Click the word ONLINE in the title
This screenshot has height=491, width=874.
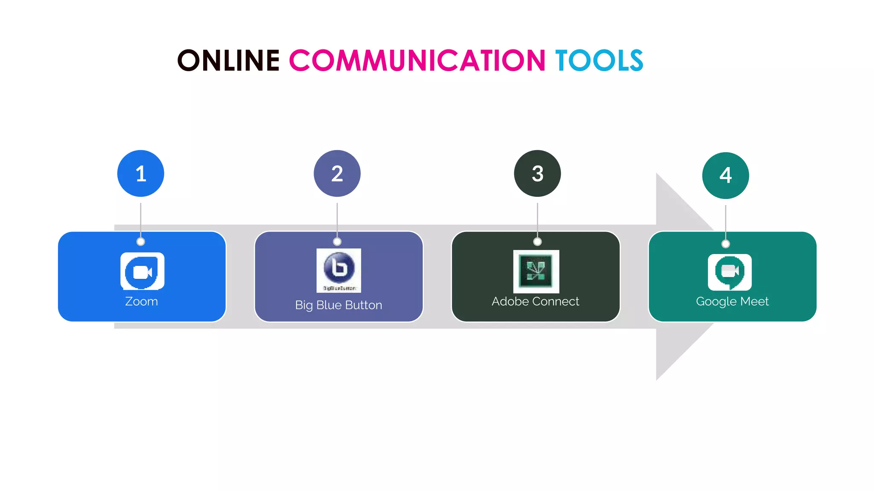(x=228, y=60)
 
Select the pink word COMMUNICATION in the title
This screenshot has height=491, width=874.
(x=417, y=60)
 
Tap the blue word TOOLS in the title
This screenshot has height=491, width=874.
(x=599, y=60)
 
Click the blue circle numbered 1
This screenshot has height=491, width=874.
(x=141, y=173)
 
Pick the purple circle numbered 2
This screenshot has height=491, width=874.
(x=337, y=173)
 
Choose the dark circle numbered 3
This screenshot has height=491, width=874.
(x=537, y=173)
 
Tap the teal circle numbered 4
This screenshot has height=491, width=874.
(x=725, y=175)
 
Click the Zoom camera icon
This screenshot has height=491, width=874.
(x=142, y=271)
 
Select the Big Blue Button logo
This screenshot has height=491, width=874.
(x=339, y=270)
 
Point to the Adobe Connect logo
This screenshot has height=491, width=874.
(x=536, y=271)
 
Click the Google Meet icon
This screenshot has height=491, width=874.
(x=730, y=272)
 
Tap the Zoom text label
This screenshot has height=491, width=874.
(x=141, y=301)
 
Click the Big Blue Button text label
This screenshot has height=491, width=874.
(x=338, y=305)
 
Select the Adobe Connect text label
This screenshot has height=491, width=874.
(x=535, y=301)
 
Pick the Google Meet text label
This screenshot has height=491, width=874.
(x=732, y=301)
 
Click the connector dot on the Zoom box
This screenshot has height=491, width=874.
(x=141, y=242)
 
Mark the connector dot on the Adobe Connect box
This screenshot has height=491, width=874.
(x=537, y=242)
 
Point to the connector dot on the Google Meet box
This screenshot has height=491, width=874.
(x=725, y=244)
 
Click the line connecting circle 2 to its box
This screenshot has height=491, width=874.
(x=337, y=220)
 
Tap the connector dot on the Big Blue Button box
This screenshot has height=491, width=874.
(x=337, y=242)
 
